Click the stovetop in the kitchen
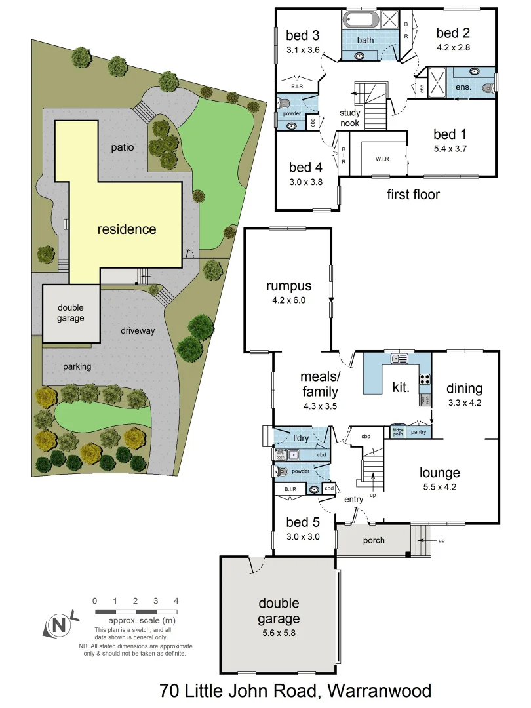tap(424, 378)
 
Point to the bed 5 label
tap(304, 522)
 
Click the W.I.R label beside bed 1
tap(383, 158)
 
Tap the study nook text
tap(349, 118)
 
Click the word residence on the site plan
tap(127, 229)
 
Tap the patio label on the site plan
tap(122, 147)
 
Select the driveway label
tap(138, 331)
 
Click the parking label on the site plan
tap(77, 367)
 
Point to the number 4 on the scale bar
tap(176, 600)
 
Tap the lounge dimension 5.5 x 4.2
tap(440, 487)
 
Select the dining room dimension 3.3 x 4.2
tap(465, 403)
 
